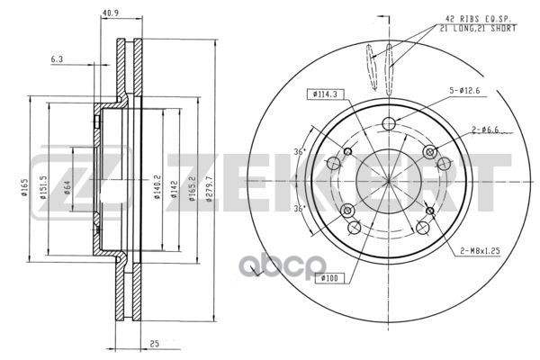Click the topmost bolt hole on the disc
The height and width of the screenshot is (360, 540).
pos(389,124)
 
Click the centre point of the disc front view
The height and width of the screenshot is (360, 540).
pos(389,179)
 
